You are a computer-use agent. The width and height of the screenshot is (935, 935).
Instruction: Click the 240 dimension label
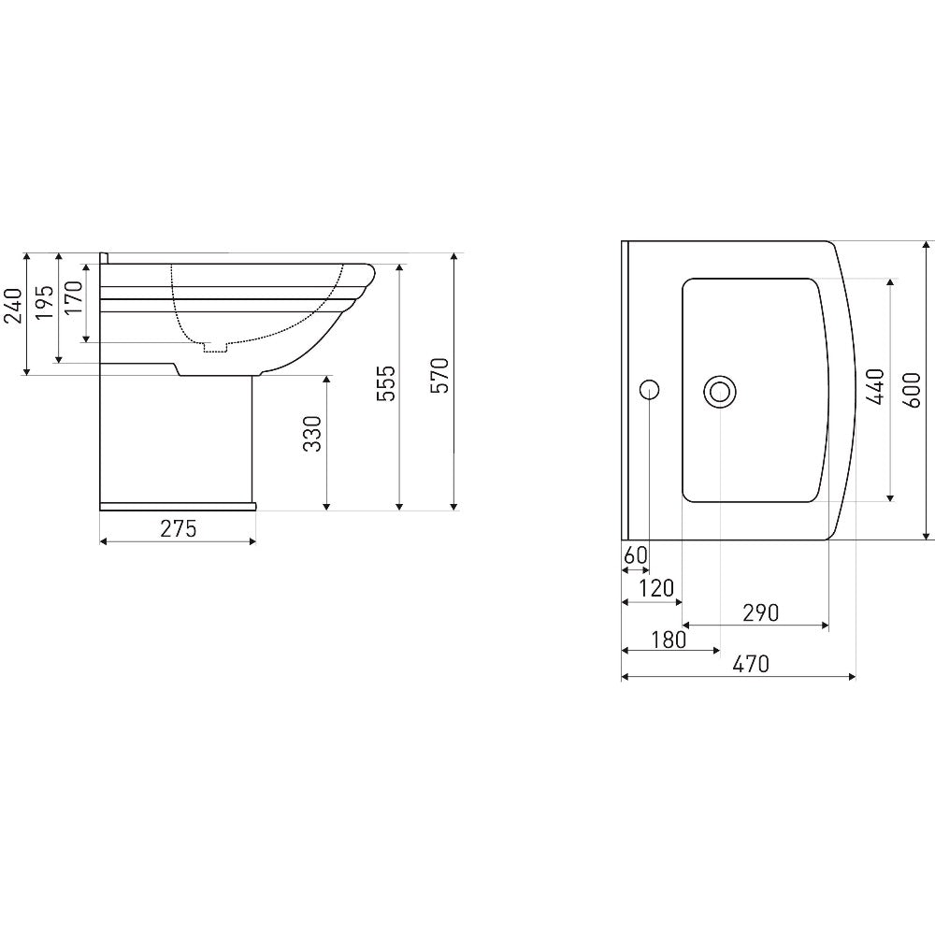tap(14, 306)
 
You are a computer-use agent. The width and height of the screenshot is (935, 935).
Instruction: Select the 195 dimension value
tap(45, 302)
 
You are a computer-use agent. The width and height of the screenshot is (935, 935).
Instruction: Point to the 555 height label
tap(386, 383)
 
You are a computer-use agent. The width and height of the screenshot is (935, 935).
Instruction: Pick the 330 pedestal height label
tap(312, 434)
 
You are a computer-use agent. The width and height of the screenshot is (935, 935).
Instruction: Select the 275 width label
tap(179, 529)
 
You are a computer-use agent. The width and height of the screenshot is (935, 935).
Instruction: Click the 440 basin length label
tap(875, 387)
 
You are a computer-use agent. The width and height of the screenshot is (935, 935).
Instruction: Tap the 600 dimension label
tap(913, 390)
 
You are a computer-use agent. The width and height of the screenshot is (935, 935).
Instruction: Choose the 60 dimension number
tap(636, 555)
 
